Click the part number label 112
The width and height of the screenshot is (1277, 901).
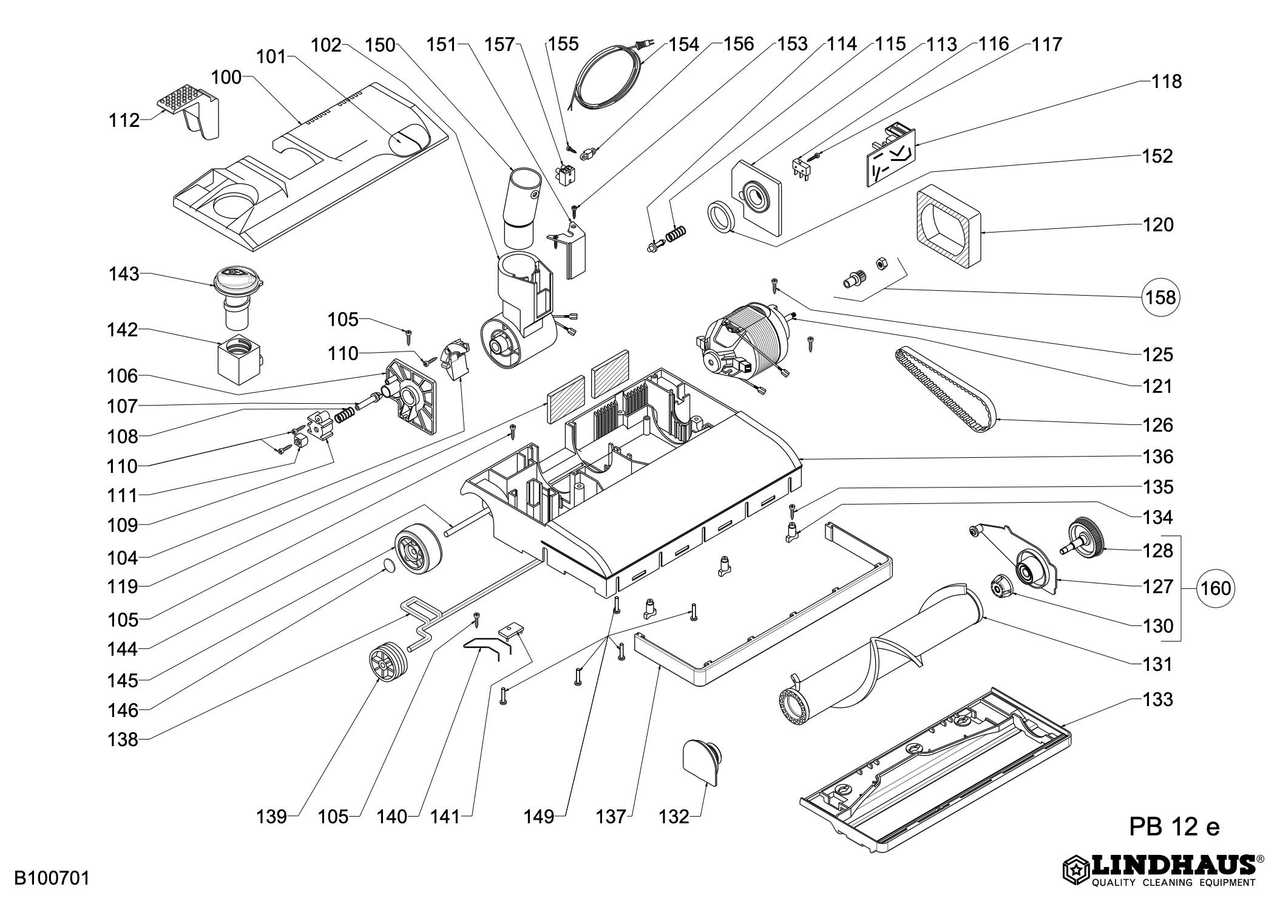pyautogui.click(x=124, y=121)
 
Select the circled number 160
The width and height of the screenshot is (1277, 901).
pyautogui.click(x=1216, y=588)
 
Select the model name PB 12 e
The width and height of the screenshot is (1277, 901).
pyautogui.click(x=1174, y=826)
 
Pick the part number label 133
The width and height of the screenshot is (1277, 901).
pyautogui.click(x=1157, y=699)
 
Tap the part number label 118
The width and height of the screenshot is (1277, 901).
pyautogui.click(x=1167, y=81)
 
